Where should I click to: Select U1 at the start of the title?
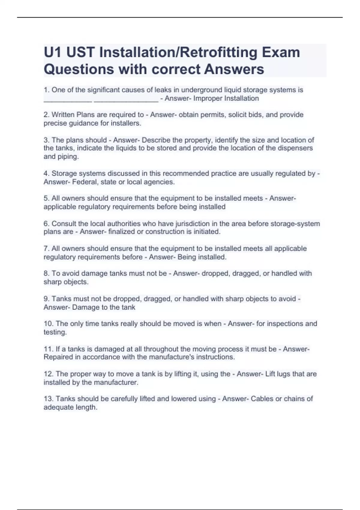point(53,52)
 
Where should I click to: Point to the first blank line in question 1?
point(68,101)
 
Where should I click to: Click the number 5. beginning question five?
point(46,198)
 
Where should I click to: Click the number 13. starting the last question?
point(48,399)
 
